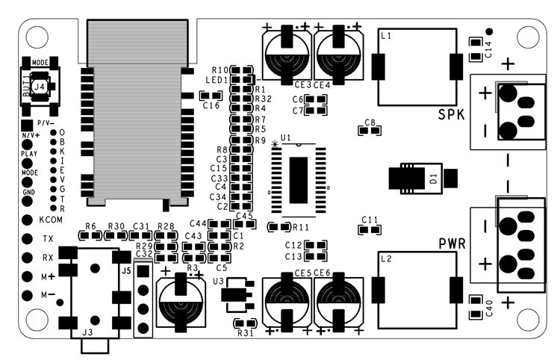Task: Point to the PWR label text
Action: (452, 244)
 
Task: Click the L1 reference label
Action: (386, 35)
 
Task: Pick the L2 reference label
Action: (386, 260)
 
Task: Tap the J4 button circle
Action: (40, 87)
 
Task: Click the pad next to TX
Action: (27, 239)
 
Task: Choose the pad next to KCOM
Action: (27, 220)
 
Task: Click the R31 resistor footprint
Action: (244, 323)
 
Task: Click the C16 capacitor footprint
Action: (211, 96)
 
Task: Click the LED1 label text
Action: (216, 79)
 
